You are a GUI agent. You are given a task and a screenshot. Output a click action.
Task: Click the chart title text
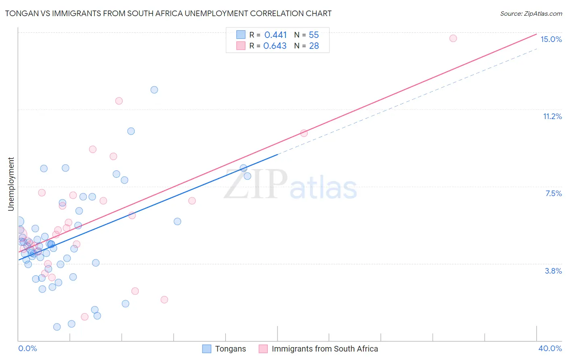coord(168,13)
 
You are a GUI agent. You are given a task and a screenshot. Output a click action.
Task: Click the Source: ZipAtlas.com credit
coord(531,13)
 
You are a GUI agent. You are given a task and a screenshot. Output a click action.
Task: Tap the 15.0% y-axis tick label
coord(551,39)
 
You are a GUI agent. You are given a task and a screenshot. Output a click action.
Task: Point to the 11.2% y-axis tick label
coord(552,116)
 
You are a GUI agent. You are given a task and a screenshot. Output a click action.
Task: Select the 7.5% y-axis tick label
coord(553,193)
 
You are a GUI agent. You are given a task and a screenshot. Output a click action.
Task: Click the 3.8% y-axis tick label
coord(553,271)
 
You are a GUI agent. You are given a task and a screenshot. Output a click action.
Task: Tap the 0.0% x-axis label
coord(27,348)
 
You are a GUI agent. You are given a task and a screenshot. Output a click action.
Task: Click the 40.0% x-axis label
coord(550,348)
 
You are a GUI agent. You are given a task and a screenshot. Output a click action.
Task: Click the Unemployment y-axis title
coord(11,184)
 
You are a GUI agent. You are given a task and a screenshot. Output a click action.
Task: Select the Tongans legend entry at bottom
coord(224,349)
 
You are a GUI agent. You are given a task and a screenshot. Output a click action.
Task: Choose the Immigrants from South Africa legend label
coord(319,349)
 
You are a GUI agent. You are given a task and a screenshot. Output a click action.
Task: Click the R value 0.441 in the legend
coord(275,35)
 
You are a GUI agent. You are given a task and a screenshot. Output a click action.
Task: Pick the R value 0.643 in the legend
coord(275,46)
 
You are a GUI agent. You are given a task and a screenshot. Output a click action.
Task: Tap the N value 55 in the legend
coord(314,35)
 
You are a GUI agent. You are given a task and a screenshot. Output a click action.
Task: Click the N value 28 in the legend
coord(314,46)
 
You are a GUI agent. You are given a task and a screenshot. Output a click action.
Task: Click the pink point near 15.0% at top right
coord(453,38)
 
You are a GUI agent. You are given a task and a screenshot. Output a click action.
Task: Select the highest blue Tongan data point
coord(154,90)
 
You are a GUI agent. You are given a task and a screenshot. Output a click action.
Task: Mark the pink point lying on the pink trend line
coord(304,133)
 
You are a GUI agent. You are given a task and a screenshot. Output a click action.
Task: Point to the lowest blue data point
coord(57,327)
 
